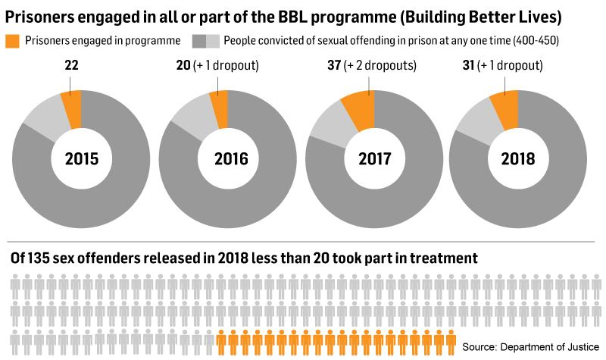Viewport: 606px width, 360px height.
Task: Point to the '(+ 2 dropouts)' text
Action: [x=382, y=65]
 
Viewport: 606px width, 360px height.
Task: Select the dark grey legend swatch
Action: [x=198, y=40]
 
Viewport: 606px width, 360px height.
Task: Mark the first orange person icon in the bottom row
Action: [x=223, y=341]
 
